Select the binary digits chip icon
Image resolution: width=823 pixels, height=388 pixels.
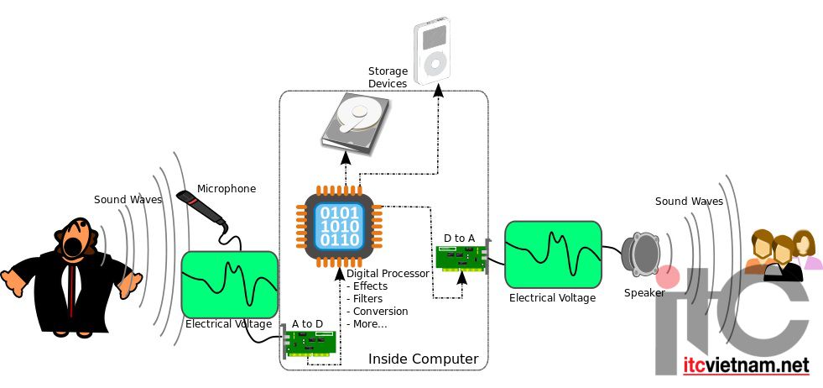(337, 226)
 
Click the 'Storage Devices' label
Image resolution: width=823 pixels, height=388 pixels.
(388, 77)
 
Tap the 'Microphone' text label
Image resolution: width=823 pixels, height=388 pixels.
(227, 189)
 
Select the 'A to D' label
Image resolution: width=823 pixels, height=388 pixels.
(308, 323)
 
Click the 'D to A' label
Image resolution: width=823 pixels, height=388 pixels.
(459, 239)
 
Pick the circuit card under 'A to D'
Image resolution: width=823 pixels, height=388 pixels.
(309, 343)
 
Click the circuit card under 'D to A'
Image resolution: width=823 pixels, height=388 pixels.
(463, 258)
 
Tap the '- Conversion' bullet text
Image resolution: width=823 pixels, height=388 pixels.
(378, 312)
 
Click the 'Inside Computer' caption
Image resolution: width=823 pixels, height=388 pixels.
(423, 359)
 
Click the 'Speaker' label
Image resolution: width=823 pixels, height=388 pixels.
(644, 293)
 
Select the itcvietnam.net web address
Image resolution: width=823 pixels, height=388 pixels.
(746, 364)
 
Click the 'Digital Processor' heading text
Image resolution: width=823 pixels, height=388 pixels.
(388, 274)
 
